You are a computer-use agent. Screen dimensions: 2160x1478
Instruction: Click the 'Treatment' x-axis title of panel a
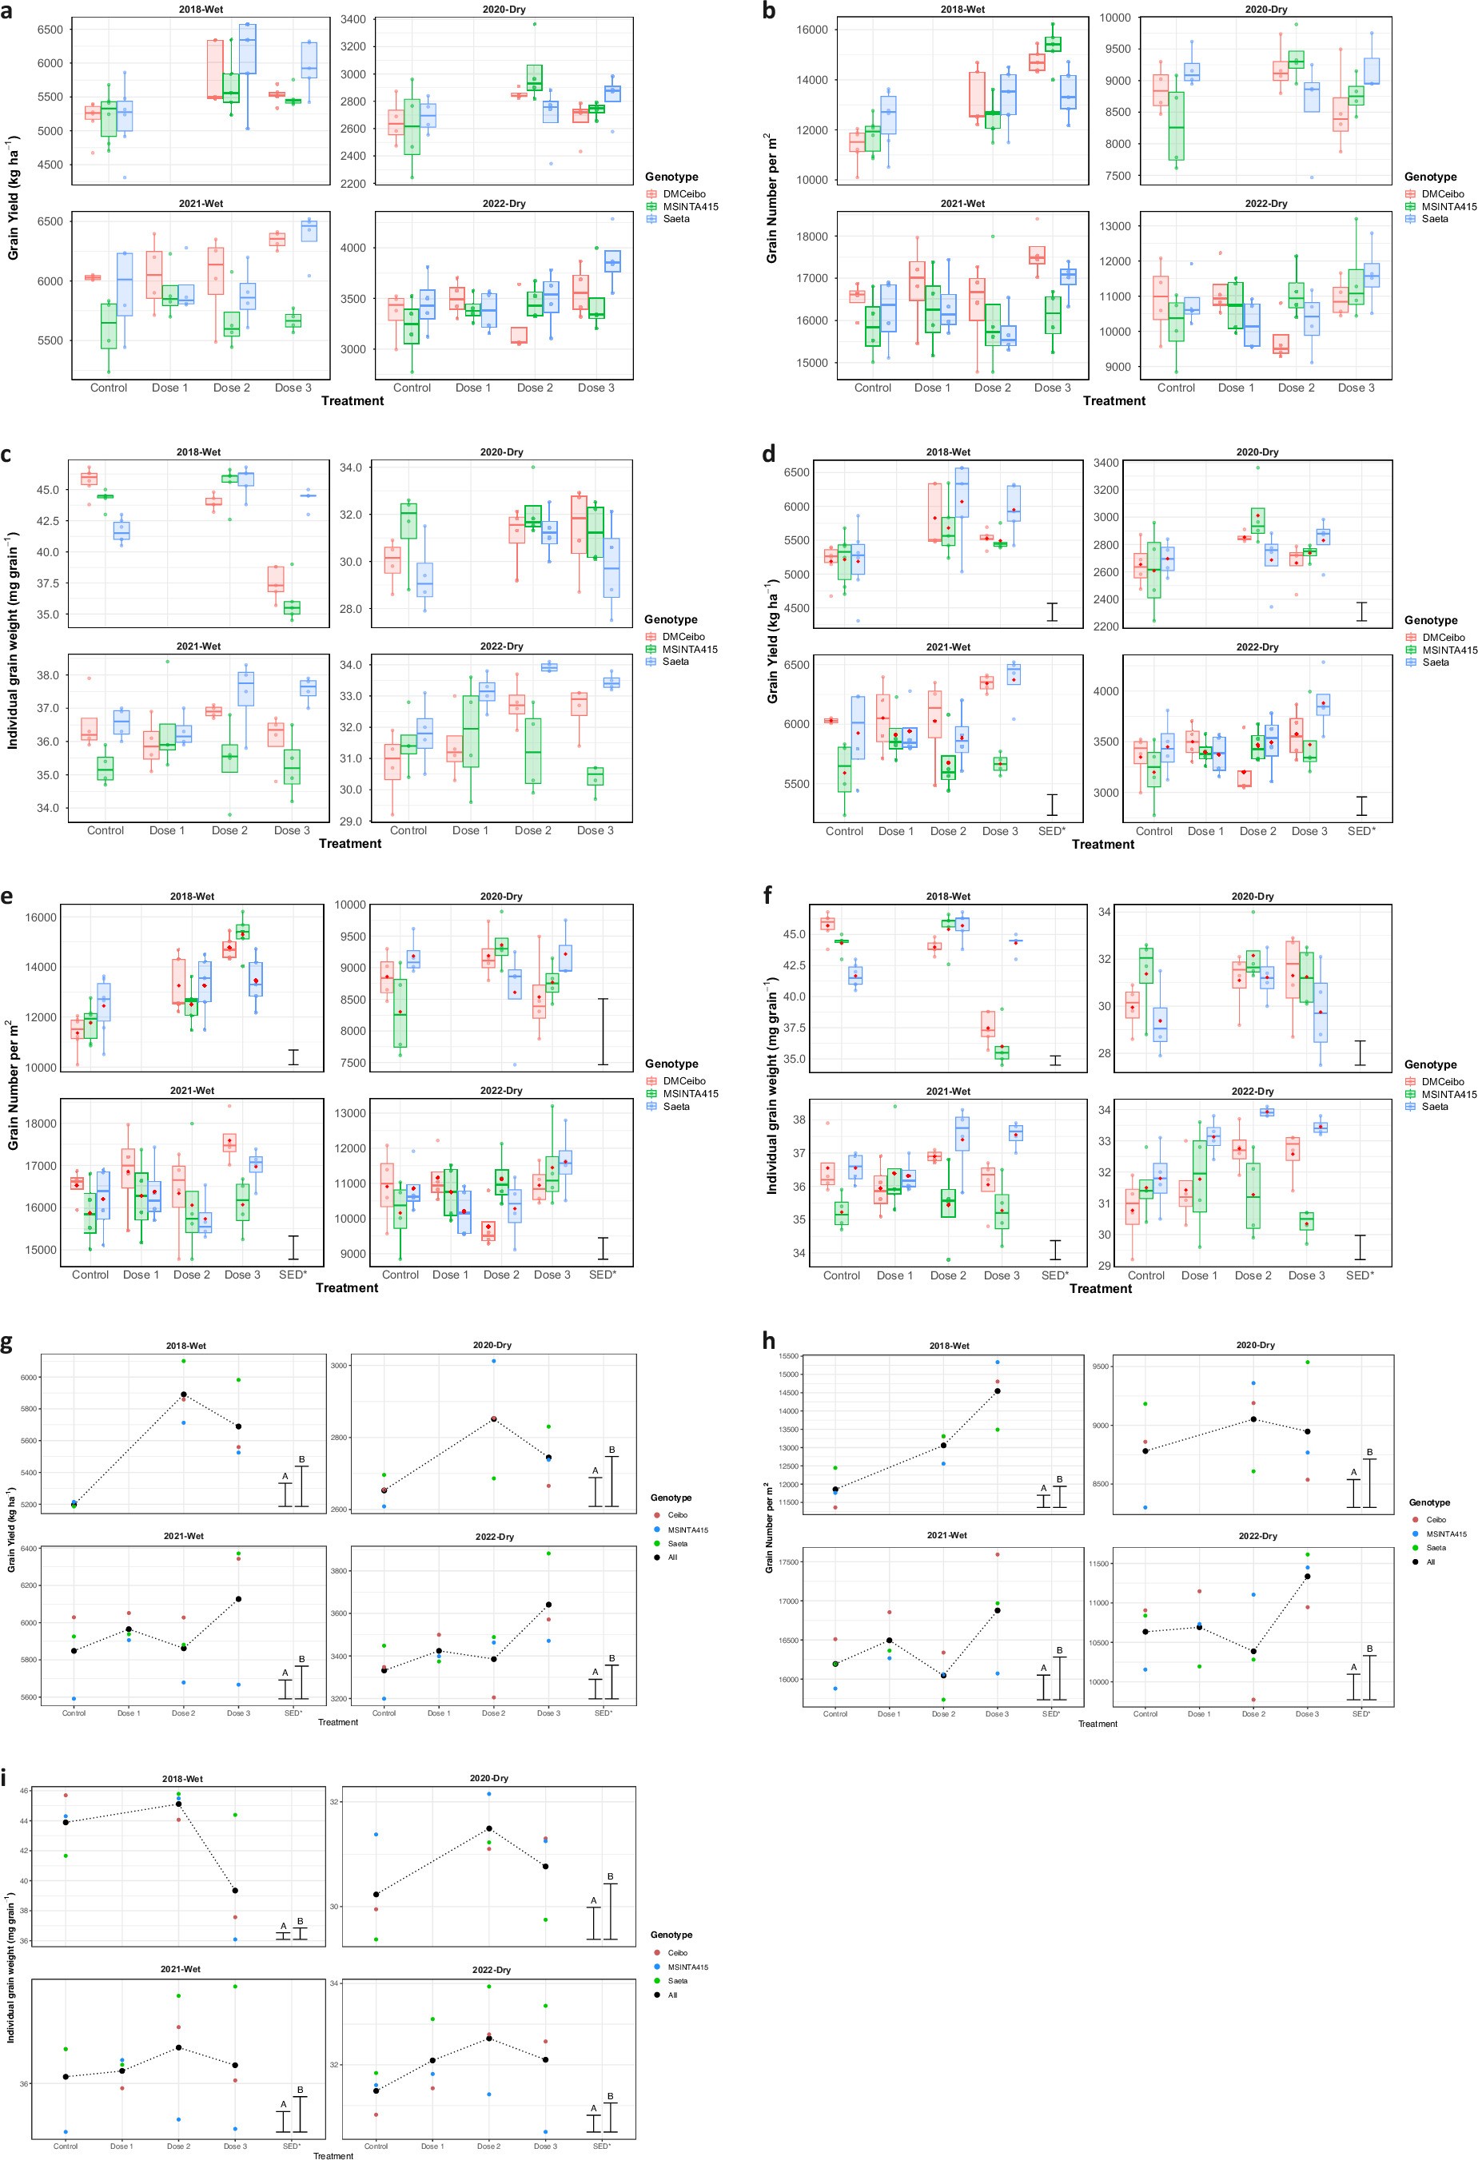[353, 401]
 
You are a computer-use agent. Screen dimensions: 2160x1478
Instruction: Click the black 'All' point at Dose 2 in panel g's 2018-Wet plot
[184, 1395]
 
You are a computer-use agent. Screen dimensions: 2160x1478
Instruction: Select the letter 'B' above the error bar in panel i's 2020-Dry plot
[611, 1876]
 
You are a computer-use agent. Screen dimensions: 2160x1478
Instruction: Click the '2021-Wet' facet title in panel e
[193, 1091]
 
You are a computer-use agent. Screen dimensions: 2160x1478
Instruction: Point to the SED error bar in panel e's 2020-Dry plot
[604, 1032]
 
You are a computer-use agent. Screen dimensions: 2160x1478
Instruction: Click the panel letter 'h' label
[769, 1340]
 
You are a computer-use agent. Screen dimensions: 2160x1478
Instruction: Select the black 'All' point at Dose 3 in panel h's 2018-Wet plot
[998, 1391]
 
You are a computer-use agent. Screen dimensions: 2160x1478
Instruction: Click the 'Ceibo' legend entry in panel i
[678, 1953]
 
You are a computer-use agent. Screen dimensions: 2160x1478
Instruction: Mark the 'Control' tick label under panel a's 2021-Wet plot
[109, 388]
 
